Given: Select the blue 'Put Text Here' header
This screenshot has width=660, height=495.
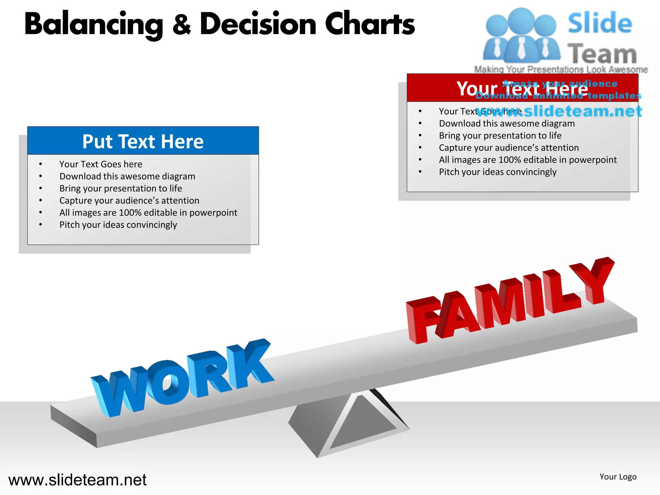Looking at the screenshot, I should click(143, 141).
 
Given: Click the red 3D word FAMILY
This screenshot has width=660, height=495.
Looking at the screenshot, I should click(509, 303).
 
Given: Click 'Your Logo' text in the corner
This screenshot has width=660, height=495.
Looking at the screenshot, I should click(618, 477).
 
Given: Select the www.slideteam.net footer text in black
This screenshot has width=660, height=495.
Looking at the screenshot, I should click(77, 480).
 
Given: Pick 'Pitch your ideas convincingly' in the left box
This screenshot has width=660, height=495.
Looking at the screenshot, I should click(118, 225).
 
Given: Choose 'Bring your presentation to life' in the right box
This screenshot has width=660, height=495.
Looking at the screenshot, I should click(500, 135).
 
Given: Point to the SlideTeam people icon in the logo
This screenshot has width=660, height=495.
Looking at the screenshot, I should click(521, 35).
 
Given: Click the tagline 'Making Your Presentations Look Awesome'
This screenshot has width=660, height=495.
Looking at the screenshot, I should click(561, 69).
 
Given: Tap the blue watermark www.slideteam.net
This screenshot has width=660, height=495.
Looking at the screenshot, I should click(559, 111).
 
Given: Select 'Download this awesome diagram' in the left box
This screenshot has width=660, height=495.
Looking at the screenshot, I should click(127, 176).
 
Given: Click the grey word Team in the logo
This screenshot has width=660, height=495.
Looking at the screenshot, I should click(602, 54).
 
